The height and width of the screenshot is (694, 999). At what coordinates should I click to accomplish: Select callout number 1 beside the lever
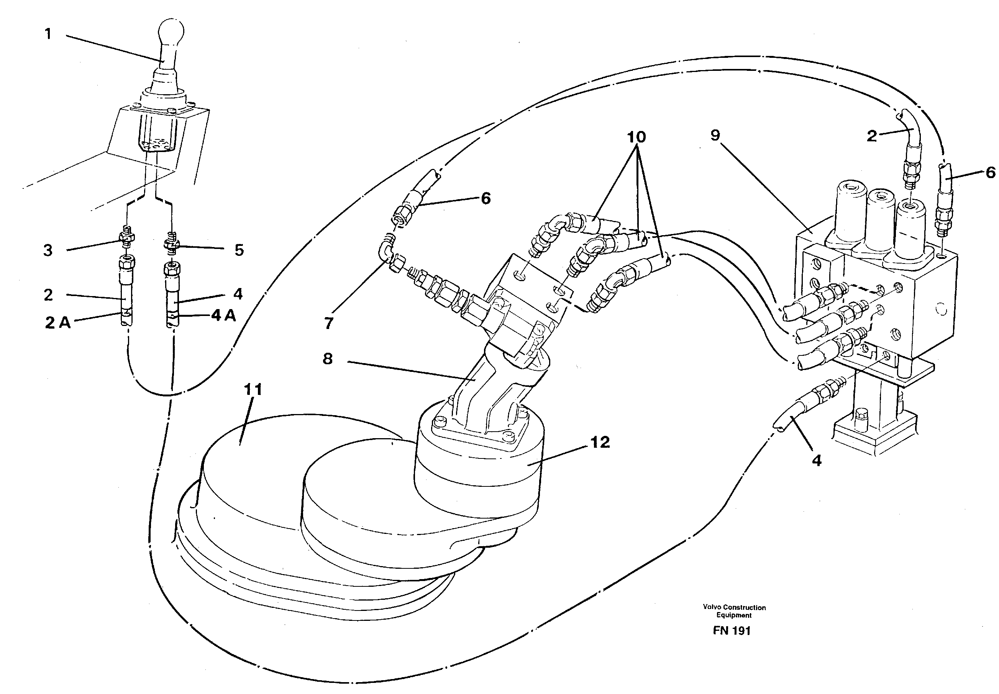click(x=48, y=34)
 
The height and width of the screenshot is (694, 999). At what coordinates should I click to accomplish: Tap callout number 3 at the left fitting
click(x=48, y=250)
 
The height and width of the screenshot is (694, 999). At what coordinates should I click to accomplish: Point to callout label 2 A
click(x=57, y=322)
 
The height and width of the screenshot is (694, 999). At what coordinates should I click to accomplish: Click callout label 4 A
click(x=224, y=315)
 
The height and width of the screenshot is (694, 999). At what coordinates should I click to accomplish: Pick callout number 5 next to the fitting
click(x=239, y=250)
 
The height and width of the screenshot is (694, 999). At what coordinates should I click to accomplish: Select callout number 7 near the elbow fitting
click(x=328, y=323)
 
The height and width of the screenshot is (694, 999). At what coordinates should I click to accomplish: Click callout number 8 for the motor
click(x=328, y=359)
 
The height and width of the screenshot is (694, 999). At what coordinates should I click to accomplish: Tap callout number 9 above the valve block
click(x=715, y=135)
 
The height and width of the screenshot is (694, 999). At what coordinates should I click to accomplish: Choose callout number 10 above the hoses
click(x=636, y=137)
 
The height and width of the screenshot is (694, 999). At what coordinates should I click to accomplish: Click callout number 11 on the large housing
click(x=253, y=389)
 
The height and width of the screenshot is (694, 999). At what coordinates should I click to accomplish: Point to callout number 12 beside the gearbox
click(x=600, y=442)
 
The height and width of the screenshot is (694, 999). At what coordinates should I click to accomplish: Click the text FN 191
click(x=732, y=631)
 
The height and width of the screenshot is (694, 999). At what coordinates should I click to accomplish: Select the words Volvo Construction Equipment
click(x=734, y=611)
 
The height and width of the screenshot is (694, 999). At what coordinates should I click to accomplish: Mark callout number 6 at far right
click(x=990, y=173)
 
